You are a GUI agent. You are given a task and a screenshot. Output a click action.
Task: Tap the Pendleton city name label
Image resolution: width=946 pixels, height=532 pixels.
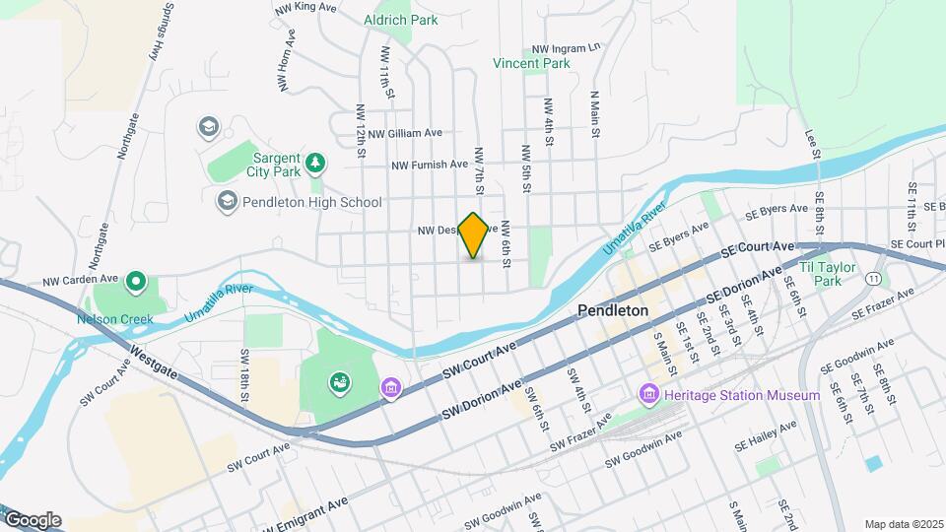(612, 310)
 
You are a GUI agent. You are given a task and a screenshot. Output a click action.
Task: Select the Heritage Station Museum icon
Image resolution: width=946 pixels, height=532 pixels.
(649, 395)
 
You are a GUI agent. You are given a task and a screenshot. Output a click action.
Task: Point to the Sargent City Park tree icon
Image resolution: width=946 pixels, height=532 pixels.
(315, 161)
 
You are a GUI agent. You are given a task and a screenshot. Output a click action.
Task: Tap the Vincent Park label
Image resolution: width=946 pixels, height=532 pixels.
(532, 63)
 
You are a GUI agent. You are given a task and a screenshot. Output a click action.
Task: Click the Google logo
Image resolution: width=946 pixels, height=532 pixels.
(32, 520)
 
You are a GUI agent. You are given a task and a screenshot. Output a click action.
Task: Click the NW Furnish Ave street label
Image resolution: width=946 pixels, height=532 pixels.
(429, 166)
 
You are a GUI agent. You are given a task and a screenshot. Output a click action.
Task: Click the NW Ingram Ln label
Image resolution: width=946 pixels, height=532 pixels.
(566, 47)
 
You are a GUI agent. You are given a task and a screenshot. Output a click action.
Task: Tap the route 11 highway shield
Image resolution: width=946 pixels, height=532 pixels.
(874, 280)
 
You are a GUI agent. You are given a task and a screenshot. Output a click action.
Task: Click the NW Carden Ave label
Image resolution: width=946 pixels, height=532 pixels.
(80, 281)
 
